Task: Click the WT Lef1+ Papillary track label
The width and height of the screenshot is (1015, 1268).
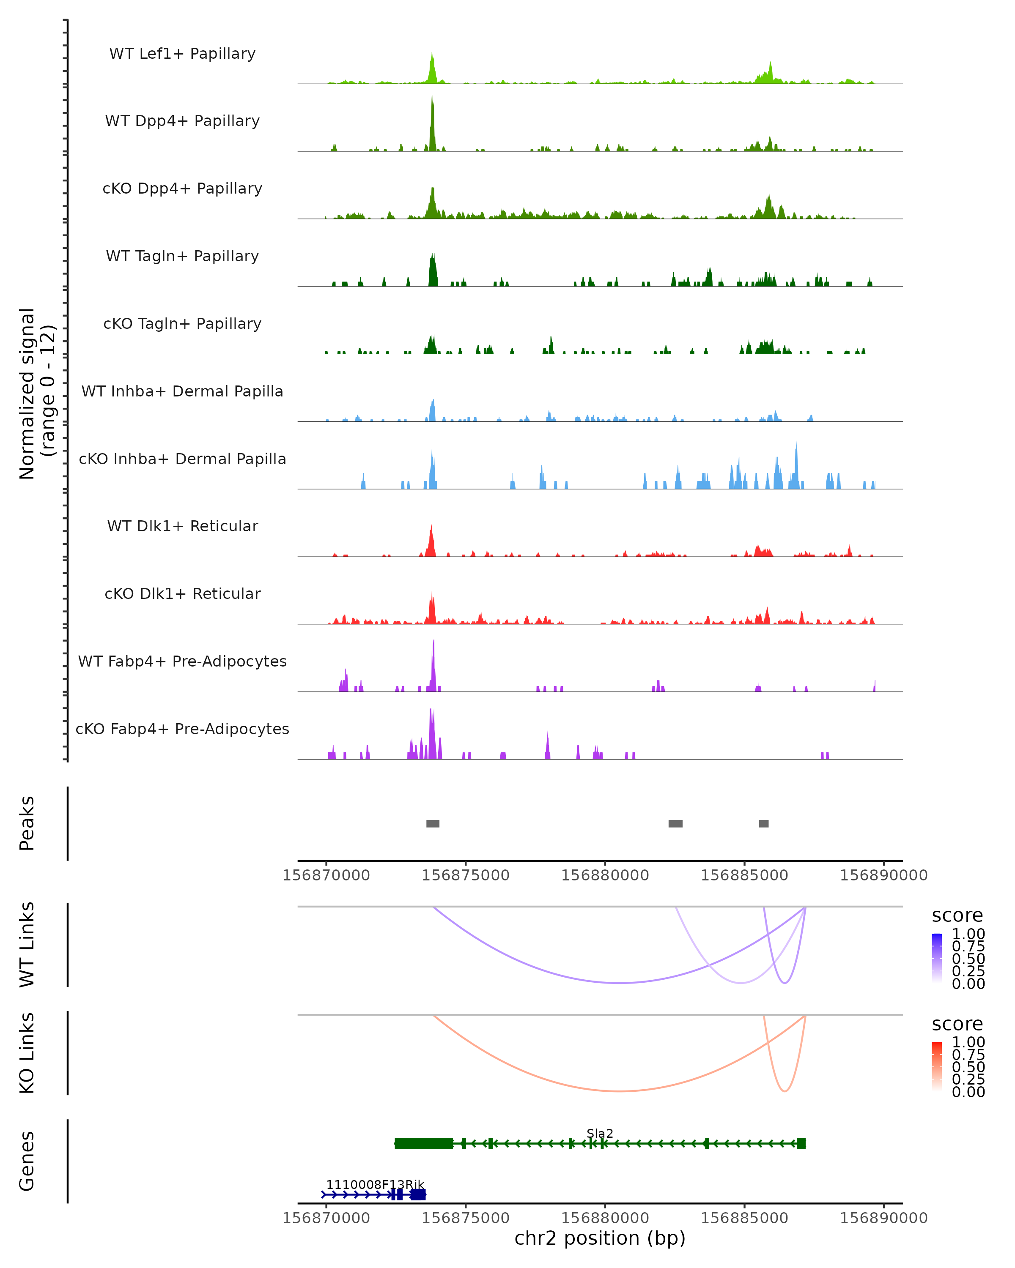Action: click(182, 54)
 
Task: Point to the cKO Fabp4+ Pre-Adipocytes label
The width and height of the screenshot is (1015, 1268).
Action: click(182, 729)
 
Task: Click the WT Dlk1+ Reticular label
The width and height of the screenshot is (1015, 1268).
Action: click(182, 526)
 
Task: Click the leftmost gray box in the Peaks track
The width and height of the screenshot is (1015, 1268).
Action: click(433, 823)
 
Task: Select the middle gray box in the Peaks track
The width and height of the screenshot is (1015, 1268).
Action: click(675, 823)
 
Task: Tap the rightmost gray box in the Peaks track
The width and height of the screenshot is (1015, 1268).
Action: click(763, 823)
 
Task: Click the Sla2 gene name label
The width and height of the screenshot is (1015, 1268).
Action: click(600, 1133)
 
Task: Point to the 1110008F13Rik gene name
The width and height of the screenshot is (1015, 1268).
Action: click(375, 1184)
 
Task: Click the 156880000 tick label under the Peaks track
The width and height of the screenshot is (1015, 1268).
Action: click(605, 875)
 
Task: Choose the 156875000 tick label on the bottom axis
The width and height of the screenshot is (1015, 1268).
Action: click(466, 1218)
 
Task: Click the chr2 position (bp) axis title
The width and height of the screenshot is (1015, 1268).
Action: click(600, 1238)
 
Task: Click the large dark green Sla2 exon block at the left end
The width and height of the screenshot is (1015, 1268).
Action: click(424, 1143)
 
